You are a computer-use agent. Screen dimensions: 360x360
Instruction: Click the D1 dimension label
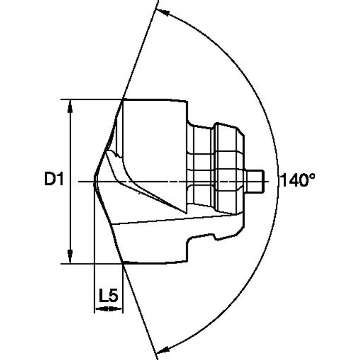54,180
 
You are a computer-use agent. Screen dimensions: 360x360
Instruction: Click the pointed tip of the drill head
94,182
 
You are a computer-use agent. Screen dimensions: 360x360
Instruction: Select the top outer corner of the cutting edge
123,100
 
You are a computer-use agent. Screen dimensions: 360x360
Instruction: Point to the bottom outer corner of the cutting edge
123,263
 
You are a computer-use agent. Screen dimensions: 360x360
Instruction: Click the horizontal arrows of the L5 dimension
108,309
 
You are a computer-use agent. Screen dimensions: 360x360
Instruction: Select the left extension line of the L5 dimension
94,253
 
